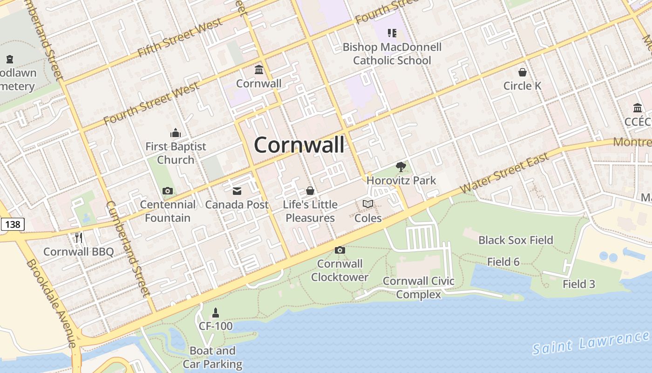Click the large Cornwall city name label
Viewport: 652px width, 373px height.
[x=299, y=145]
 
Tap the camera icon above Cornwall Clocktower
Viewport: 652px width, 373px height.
[x=340, y=250]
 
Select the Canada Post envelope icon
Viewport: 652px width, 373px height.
[x=237, y=191]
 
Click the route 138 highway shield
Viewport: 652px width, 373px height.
[x=12, y=224]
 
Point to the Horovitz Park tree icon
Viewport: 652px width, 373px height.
[x=401, y=167]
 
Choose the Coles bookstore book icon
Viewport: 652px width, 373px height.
[x=368, y=204]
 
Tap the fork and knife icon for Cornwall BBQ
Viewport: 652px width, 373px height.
[x=79, y=238]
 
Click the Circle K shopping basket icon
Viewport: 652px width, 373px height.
[x=523, y=72]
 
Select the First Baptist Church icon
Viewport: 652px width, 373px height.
[x=176, y=133]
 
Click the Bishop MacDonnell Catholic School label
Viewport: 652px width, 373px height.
[x=392, y=54]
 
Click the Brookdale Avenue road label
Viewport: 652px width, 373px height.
[x=51, y=303]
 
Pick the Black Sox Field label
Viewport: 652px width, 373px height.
[x=516, y=240]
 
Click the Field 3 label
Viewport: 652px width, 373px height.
[x=578, y=284]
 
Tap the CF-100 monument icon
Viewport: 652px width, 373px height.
[x=216, y=313]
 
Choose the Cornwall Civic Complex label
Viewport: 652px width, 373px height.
[x=418, y=288]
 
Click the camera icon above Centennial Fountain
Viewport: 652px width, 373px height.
[x=168, y=191]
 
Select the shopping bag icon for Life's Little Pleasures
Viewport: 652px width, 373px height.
[x=310, y=191]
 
